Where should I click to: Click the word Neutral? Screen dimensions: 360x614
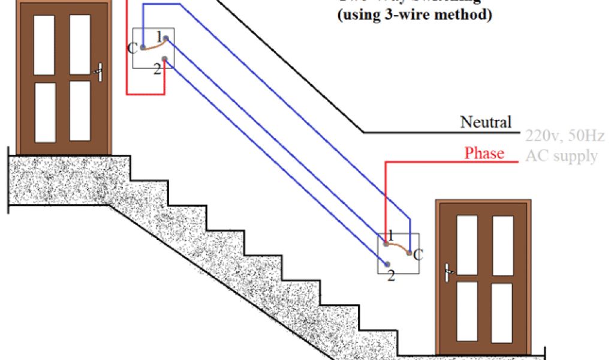click(x=486, y=122)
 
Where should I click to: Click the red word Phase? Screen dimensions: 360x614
click(x=484, y=154)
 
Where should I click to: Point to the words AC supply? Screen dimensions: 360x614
click(x=561, y=156)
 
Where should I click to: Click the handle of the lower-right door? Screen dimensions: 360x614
click(x=448, y=272)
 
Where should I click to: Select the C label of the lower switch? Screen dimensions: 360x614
click(x=418, y=254)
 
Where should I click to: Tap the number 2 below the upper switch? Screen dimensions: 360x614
click(x=157, y=68)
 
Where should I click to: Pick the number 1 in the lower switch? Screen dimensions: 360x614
click(x=390, y=235)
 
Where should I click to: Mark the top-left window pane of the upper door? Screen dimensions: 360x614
click(x=44, y=45)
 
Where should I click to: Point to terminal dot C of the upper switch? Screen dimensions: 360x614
click(x=142, y=47)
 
